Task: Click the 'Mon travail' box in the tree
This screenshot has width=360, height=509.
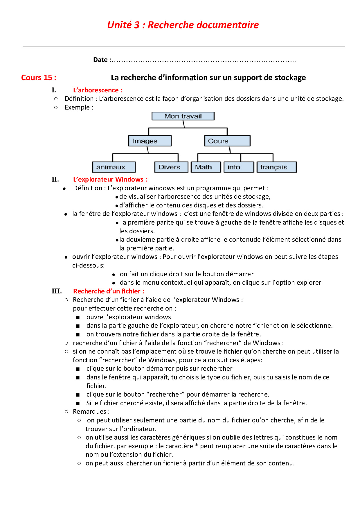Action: click(183, 116)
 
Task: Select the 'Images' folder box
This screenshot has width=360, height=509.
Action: click(150, 141)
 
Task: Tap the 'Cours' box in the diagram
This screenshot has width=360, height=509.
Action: click(227, 141)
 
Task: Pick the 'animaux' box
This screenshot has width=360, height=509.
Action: click(114, 167)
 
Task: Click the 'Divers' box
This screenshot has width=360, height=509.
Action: click(171, 167)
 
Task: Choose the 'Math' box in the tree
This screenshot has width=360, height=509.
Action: click(206, 167)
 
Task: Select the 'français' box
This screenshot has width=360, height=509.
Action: click(276, 167)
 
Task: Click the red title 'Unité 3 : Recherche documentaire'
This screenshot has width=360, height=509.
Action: click(183, 25)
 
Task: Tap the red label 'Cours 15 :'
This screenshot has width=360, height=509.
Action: click(39, 78)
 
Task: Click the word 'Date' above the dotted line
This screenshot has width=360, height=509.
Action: click(100, 60)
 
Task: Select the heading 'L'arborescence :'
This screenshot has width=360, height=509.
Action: click(98, 90)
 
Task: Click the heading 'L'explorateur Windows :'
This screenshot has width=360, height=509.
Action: click(110, 179)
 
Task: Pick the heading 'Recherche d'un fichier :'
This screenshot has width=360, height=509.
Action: click(109, 291)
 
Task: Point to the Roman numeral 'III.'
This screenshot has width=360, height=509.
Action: click(57, 291)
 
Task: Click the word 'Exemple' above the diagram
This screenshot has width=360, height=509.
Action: click(77, 107)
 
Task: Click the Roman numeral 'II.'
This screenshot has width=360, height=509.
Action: click(55, 179)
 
